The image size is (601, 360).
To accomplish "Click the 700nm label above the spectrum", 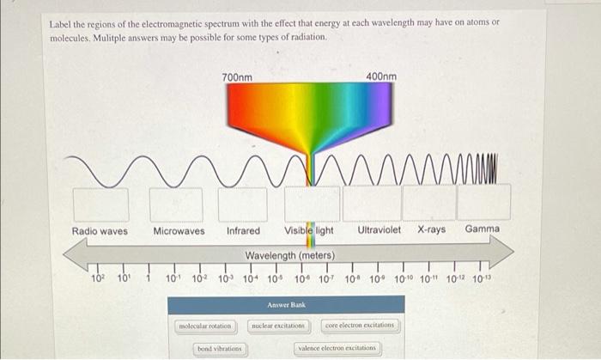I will point(237,77).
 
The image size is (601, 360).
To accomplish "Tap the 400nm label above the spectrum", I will point(380,77).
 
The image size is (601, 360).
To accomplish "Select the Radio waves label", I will point(100,230).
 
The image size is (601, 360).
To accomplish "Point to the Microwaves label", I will point(179,230).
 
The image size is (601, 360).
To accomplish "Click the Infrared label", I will point(243,230).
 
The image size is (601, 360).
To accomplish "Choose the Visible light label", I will point(309,230).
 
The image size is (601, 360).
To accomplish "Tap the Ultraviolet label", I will point(379,230).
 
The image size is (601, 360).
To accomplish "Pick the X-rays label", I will point(431,230).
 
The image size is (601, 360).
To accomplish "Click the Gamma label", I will point(482,229).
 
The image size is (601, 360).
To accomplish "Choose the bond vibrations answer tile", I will point(220,349).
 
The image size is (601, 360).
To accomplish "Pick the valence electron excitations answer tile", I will point(337,349).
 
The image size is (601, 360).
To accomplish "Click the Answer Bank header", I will point(286,304).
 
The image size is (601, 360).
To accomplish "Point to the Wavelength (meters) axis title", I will point(289,256).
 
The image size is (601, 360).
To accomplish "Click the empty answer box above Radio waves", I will point(100,204).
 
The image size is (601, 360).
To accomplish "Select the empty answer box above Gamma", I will point(483,202).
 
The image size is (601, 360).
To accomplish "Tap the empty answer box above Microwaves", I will point(177,204).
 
